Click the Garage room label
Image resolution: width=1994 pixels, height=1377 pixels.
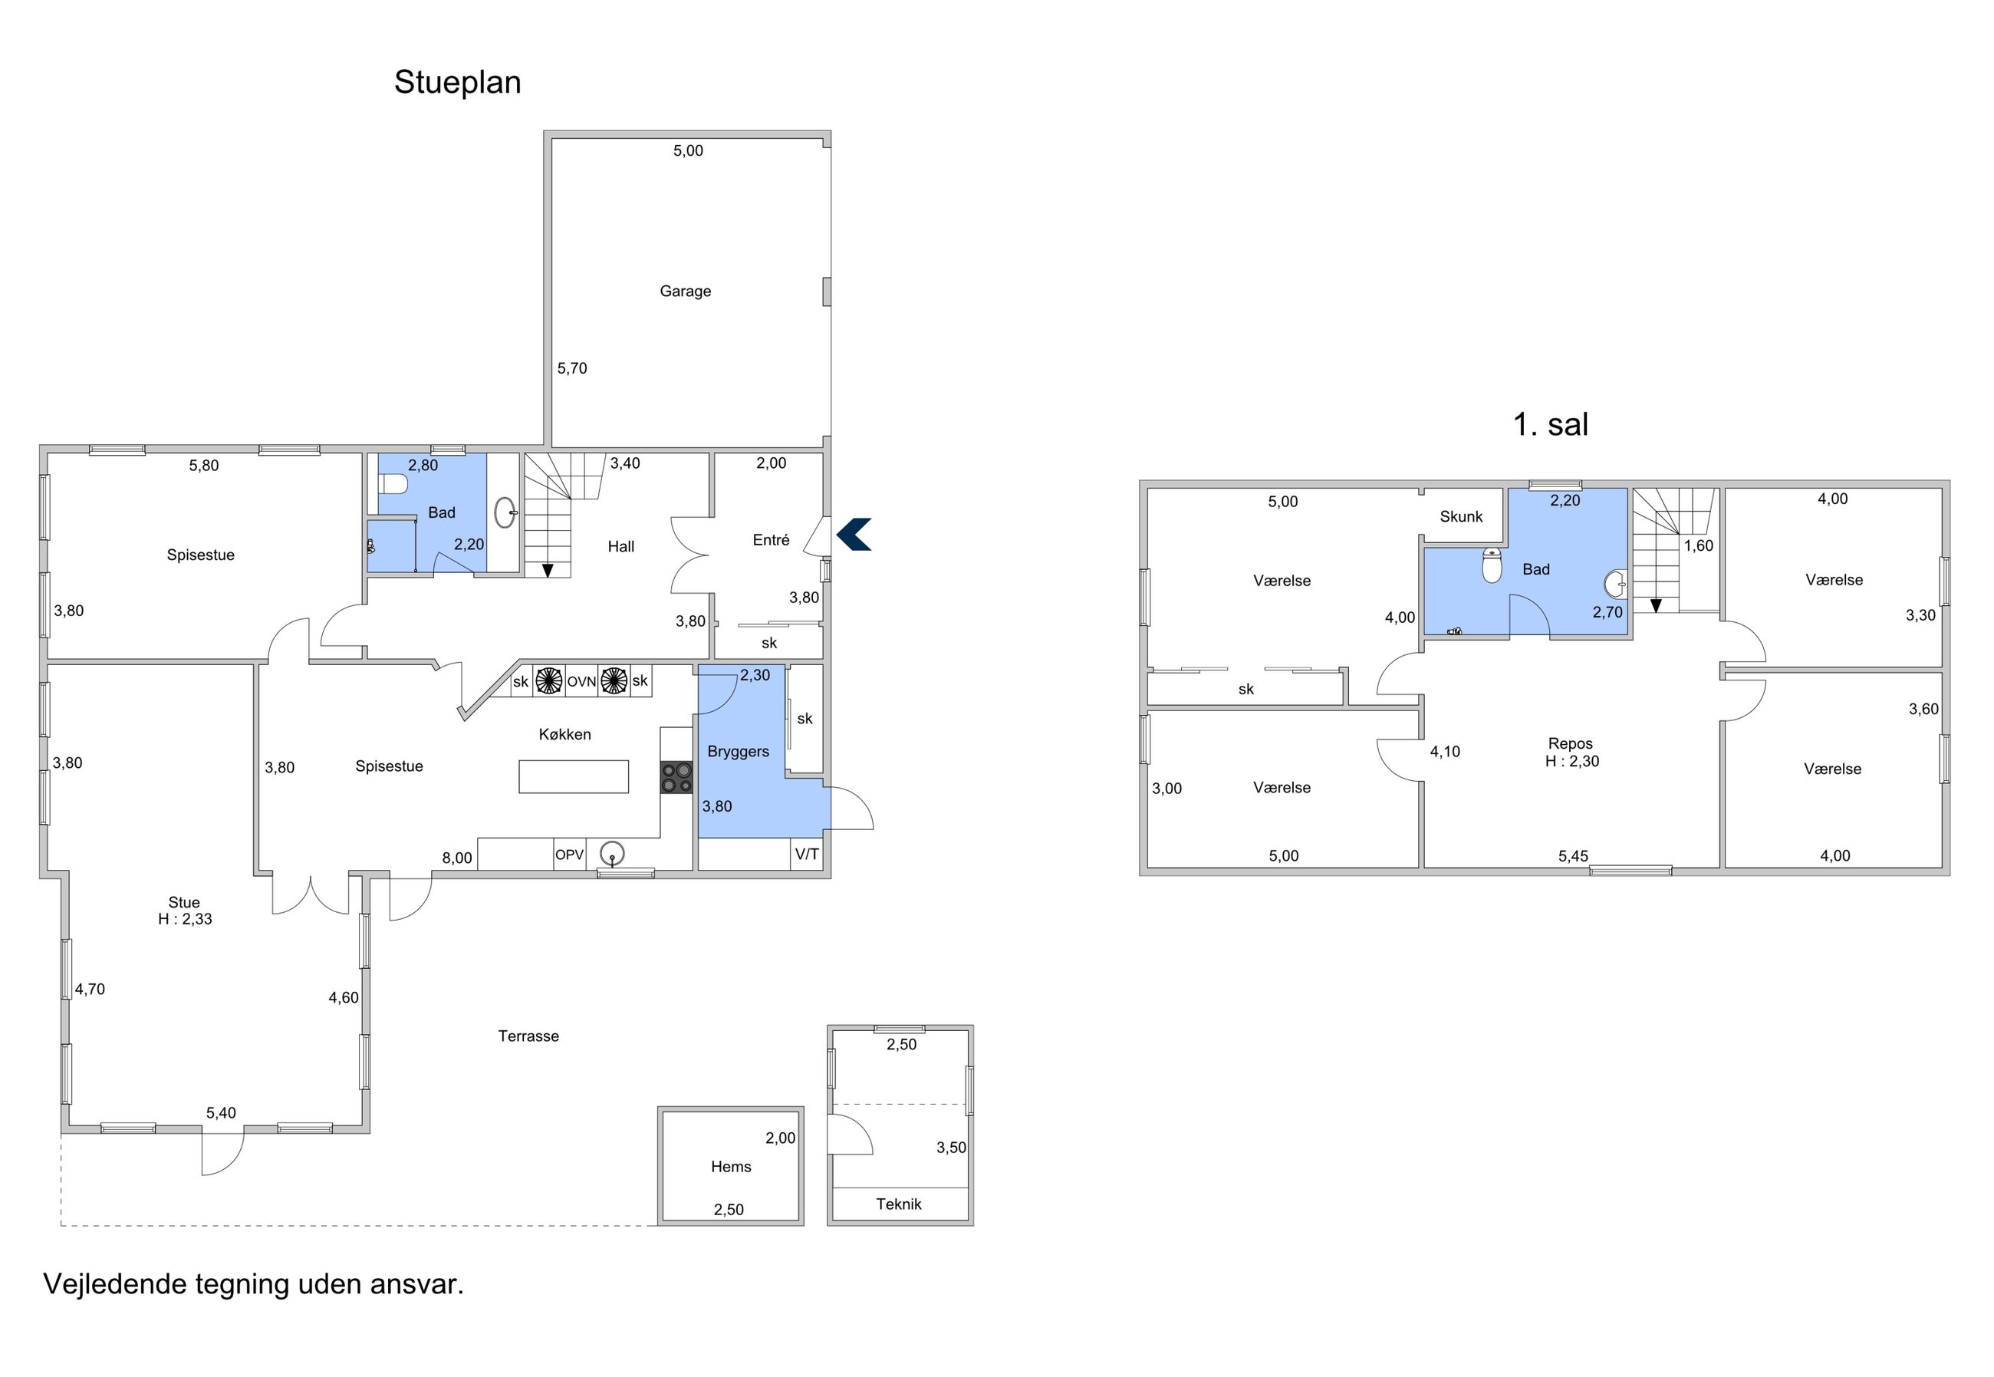[685, 292]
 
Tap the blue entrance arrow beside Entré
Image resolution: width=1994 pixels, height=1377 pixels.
[854, 534]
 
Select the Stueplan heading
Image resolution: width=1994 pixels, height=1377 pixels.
[457, 83]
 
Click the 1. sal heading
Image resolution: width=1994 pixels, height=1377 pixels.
[1551, 424]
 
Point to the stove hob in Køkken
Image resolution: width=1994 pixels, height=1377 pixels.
[677, 776]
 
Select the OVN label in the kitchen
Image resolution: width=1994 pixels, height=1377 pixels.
[581, 682]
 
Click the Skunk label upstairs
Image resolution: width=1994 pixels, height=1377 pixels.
[1461, 517]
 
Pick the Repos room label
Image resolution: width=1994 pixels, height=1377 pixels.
[1571, 743]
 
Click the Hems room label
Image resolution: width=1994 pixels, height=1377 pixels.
[731, 1168]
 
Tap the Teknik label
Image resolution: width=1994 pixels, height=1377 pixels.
[899, 1204]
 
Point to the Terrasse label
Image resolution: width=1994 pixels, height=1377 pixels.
[528, 1036]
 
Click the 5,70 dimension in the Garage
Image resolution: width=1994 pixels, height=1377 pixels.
[572, 368]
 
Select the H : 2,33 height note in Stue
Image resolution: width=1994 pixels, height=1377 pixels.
[185, 919]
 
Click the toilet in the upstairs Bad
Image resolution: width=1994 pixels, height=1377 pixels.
[1491, 566]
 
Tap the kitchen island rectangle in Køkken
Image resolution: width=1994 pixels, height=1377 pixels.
[574, 776]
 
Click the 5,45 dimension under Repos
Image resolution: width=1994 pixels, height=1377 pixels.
[1573, 856]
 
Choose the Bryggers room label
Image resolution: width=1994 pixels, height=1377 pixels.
[738, 753]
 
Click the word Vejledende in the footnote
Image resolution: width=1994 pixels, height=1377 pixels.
[115, 1284]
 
